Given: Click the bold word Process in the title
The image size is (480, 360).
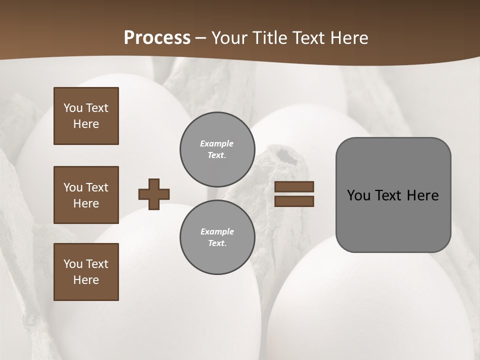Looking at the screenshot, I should pyautogui.click(x=157, y=37).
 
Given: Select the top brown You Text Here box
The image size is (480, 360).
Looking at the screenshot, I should pyautogui.click(x=86, y=116).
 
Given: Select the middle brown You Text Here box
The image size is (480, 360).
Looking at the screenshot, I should pyautogui.click(x=86, y=195).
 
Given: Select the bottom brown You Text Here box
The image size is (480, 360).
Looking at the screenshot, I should pyautogui.click(x=86, y=271).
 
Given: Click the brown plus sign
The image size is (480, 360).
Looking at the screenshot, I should pyautogui.click(x=154, y=194).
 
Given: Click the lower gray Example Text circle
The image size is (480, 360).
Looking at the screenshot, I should pyautogui.click(x=217, y=237).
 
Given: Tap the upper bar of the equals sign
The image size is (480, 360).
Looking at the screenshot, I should pyautogui.click(x=294, y=186).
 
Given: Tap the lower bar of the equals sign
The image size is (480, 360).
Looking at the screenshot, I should pyautogui.click(x=294, y=201).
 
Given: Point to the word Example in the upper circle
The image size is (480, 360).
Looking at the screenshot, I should pyautogui.click(x=217, y=143).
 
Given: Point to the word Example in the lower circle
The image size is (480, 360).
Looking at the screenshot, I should pyautogui.click(x=217, y=231).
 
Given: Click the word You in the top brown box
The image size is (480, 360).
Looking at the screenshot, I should pyautogui.click(x=73, y=108).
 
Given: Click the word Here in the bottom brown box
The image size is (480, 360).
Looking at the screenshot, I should pyautogui.click(x=86, y=280).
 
